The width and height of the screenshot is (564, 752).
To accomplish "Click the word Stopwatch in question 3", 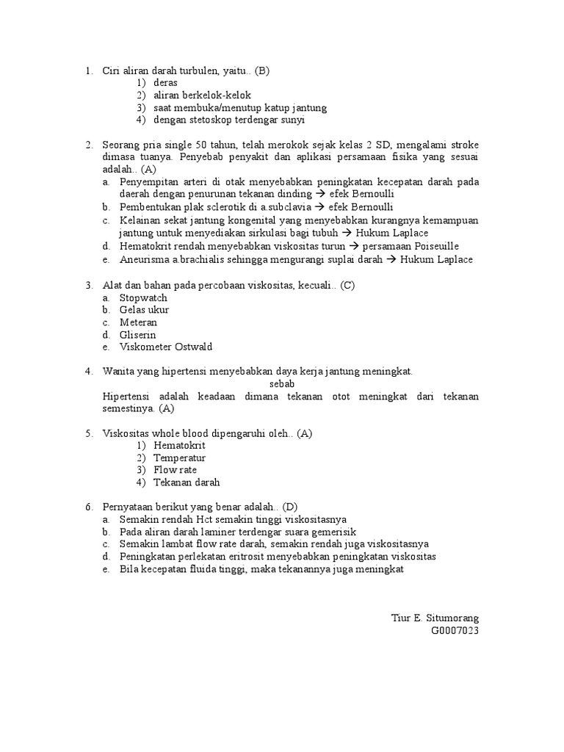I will point(143,297).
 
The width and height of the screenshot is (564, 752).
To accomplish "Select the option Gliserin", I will point(138,335).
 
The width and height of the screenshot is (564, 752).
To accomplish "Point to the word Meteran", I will point(138,322).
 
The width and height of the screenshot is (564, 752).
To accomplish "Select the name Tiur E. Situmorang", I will point(435,618).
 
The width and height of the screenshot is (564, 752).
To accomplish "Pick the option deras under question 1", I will point(166,83).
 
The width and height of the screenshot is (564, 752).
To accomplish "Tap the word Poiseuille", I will point(437,246).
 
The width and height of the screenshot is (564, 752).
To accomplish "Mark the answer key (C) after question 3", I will point(347,285).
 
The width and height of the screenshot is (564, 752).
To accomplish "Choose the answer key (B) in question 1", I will point(263,70).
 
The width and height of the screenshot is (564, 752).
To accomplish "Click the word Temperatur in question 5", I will point(180,458).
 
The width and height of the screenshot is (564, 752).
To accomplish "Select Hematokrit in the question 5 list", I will point(180,445).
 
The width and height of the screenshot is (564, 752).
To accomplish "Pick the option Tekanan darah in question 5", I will point(187,482).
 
